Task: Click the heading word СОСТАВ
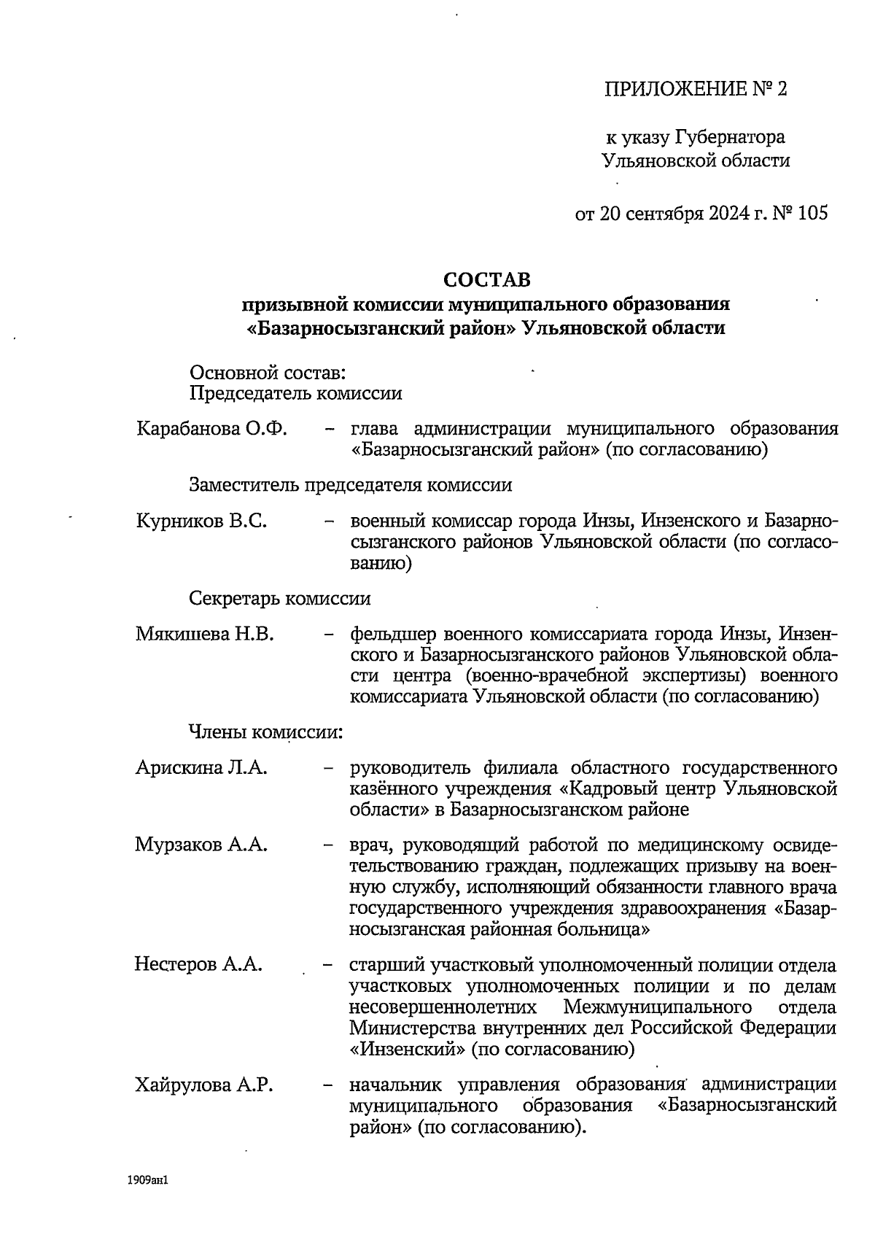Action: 487,280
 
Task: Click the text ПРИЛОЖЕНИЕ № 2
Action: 696,89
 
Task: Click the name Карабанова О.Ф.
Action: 211,428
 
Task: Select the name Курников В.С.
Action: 201,521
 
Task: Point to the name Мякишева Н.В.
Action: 205,634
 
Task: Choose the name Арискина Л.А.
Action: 201,767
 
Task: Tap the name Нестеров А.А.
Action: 198,965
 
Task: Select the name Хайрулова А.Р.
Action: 204,1085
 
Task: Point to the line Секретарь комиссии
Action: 280,599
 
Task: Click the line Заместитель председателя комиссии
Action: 350,485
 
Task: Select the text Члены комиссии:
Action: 266,731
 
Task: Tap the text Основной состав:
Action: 267,373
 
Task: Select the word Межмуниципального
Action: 658,1007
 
